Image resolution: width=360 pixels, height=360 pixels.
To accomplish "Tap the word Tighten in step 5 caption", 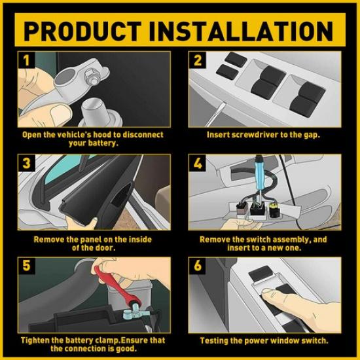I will coord(35,341).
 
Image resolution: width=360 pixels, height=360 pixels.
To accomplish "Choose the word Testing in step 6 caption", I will coord(216,341).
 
